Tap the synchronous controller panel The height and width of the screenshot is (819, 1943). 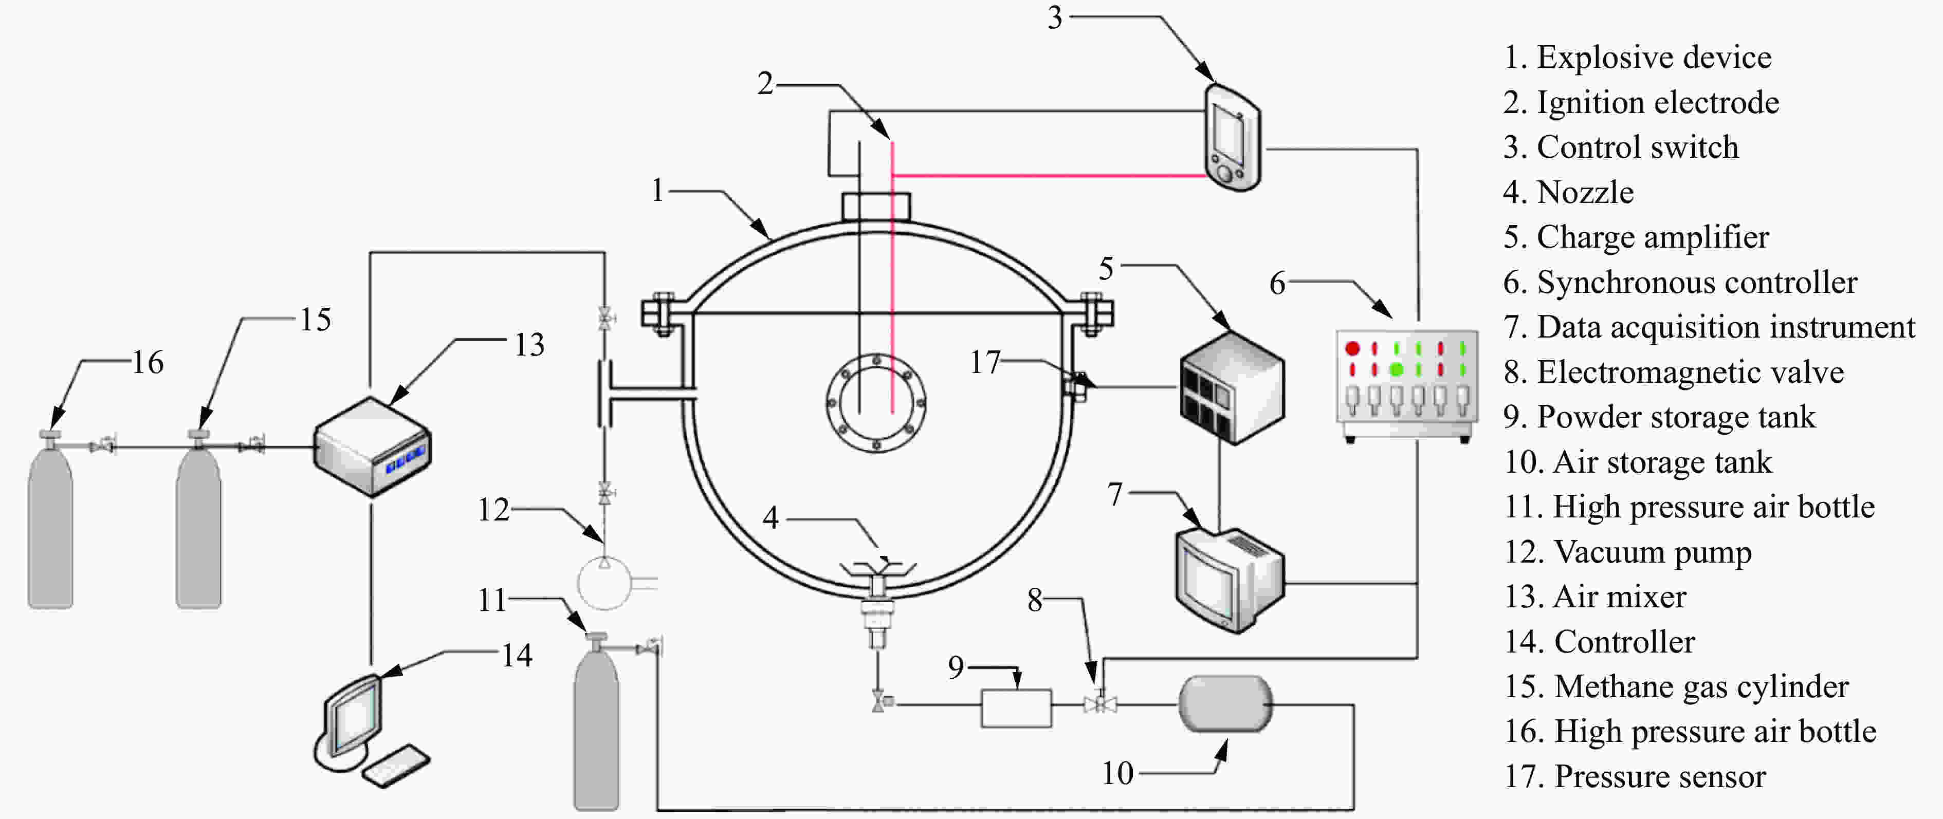coord(1407,385)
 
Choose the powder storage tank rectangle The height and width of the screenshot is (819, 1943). coord(1016,708)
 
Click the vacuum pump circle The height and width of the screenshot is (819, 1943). coord(604,583)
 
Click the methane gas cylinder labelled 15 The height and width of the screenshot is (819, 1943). coord(198,520)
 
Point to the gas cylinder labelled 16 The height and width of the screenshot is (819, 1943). coord(50,520)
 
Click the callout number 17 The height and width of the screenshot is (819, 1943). coord(985,363)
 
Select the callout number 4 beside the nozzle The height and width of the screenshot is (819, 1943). coord(770,517)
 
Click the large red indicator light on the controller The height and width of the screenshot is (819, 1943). coord(1352,348)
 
